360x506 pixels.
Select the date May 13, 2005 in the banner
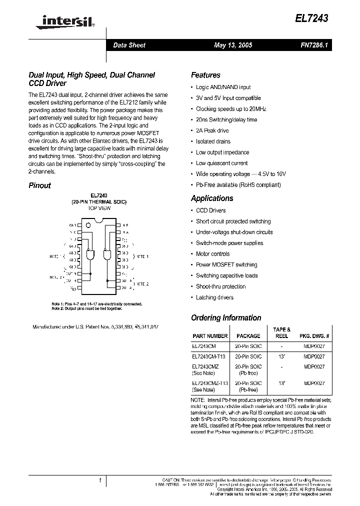point(232,45)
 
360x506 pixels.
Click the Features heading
point(205,75)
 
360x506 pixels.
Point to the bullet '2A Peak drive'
point(212,130)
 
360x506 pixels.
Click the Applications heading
point(212,198)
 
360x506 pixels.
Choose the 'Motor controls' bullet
point(212,254)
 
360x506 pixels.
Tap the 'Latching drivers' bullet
point(214,297)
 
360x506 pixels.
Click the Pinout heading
point(39,185)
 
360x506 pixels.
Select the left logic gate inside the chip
point(91,255)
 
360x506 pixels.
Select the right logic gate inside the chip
point(107,255)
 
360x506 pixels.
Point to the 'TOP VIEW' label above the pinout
point(99,207)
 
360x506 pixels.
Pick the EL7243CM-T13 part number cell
point(208,357)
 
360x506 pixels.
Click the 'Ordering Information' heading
point(226,318)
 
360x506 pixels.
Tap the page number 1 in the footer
point(100,481)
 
